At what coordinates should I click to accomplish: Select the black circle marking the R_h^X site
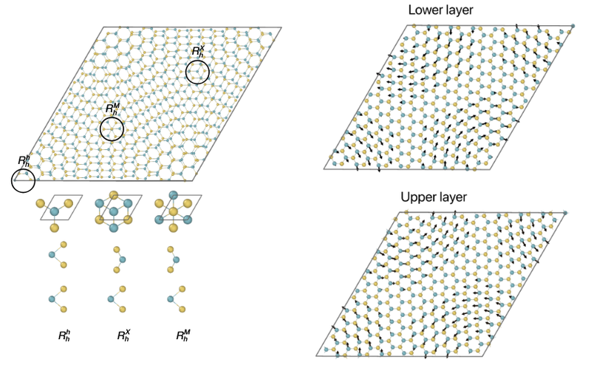tap(197, 72)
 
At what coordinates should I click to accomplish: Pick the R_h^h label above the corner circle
tap(24, 160)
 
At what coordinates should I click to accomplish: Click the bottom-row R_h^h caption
tap(64, 335)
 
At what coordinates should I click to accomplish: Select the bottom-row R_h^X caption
tap(123, 335)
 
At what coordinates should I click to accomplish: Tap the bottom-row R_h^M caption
tap(182, 335)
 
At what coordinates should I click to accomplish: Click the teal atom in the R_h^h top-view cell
tap(54, 211)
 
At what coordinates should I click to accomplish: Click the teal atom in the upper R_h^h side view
tap(52, 254)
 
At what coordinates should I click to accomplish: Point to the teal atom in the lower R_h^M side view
tap(171, 299)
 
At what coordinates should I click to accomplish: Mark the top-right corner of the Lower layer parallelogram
tap(574, 25)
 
